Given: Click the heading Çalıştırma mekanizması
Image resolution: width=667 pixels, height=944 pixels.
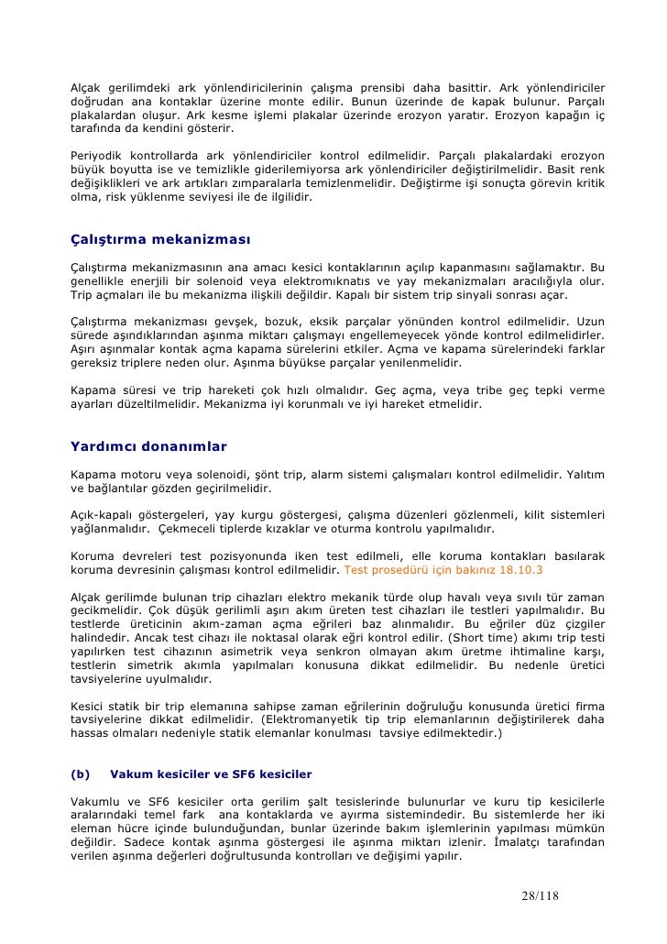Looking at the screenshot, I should pos(160,240).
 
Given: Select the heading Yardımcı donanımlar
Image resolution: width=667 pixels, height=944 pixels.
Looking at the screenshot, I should pos(148,446).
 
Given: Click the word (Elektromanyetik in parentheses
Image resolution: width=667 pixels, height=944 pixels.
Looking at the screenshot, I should pos(312,719).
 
